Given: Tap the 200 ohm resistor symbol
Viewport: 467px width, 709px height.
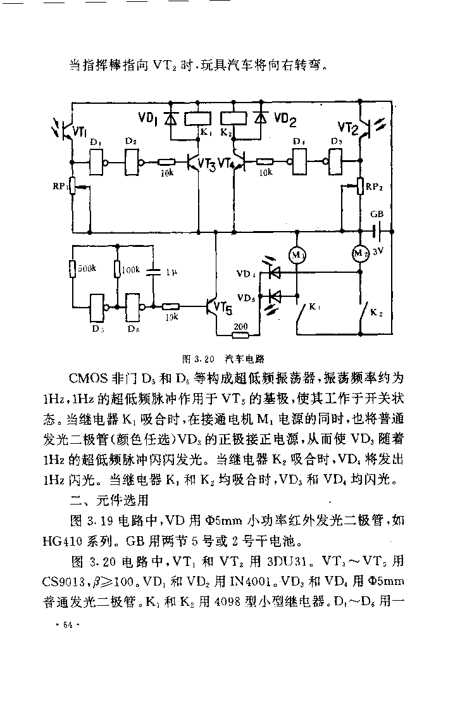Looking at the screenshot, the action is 240,335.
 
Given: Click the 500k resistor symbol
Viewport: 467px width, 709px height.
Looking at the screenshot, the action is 72,269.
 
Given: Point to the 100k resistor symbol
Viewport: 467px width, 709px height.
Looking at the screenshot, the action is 117,269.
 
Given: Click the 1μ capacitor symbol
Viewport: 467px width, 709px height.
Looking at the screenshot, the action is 154,272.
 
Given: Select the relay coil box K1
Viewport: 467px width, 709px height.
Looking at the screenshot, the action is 199,118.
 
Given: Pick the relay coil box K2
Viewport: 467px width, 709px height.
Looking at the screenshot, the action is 233,118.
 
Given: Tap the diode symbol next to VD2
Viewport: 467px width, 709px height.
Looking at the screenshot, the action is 261,118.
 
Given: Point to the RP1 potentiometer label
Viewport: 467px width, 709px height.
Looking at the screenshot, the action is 59,186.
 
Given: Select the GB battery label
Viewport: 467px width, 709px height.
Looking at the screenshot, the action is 377,214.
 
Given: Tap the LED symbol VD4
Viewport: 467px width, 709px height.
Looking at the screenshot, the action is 273,272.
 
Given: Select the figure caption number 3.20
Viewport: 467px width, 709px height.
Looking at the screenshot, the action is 204,360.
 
